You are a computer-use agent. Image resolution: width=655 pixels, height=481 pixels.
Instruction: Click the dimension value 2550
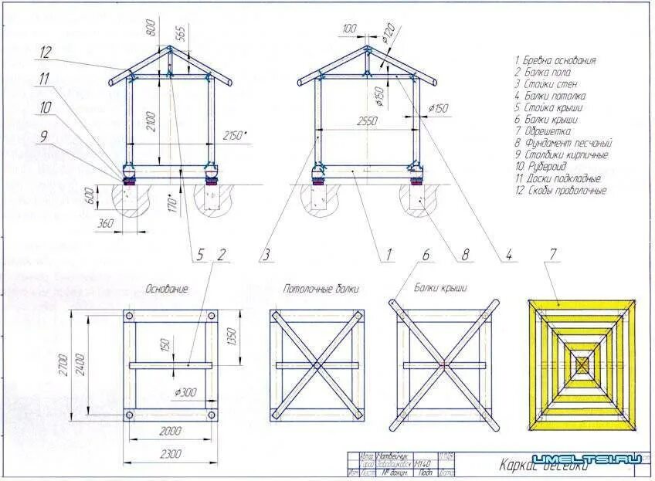[x=367, y=122]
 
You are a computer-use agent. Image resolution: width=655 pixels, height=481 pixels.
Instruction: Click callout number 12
[x=46, y=53]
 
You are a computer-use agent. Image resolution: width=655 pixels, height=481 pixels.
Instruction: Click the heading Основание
[x=167, y=289]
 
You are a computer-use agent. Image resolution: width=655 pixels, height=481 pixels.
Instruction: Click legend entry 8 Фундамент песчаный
[x=563, y=143]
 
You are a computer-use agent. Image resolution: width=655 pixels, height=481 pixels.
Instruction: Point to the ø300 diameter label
[x=185, y=392]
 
